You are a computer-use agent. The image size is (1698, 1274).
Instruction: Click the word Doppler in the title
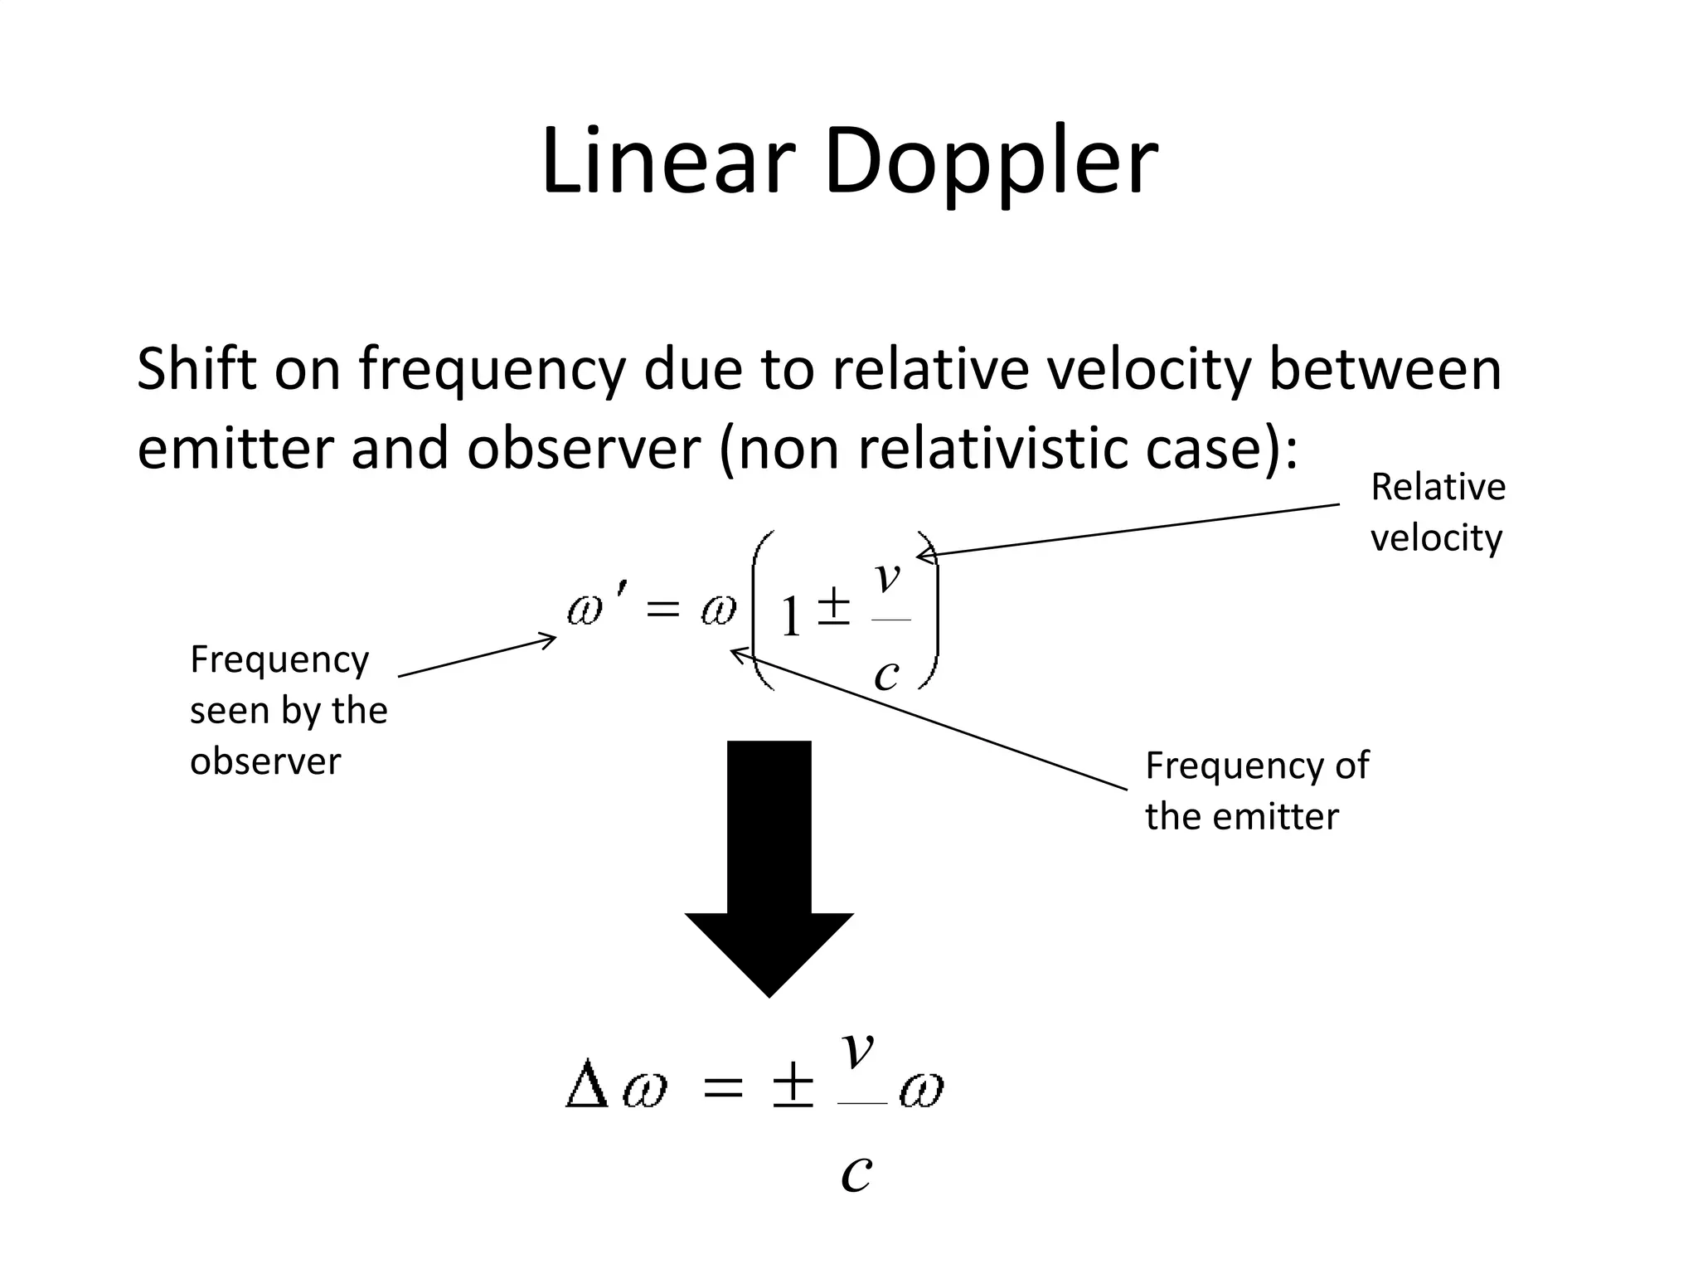tap(991, 164)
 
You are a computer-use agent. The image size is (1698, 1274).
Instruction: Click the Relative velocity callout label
tap(1438, 512)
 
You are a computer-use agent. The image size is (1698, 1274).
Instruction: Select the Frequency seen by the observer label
tap(288, 710)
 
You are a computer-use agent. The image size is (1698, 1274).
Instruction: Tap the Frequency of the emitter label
tap(1256, 790)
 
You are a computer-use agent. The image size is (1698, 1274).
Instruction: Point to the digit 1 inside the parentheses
tap(790, 618)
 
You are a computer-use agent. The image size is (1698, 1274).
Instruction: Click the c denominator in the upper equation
tap(886, 674)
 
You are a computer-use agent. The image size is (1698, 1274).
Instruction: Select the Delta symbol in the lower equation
tap(587, 1087)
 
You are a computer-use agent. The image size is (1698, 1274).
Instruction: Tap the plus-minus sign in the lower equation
tap(793, 1087)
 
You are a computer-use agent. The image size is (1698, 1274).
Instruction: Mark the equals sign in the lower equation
tap(722, 1087)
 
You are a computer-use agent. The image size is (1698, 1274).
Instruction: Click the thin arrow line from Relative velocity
tap(1128, 530)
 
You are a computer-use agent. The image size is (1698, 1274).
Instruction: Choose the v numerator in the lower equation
tap(858, 1050)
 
